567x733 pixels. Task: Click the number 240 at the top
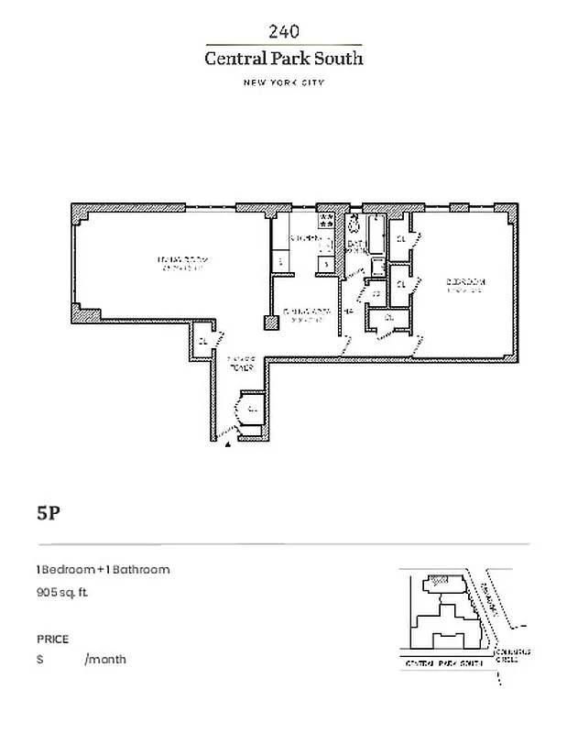click(283, 32)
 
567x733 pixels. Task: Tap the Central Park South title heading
click(283, 59)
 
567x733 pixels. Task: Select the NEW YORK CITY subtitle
click(283, 82)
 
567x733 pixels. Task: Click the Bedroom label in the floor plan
click(465, 283)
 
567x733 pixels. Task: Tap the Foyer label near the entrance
click(240, 365)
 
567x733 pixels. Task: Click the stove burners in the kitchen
click(324, 221)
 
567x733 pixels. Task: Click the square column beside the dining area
click(270, 323)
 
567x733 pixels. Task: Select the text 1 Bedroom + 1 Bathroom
click(103, 569)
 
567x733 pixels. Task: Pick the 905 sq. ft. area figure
click(62, 593)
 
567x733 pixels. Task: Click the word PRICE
click(52, 639)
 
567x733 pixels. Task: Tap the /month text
click(105, 660)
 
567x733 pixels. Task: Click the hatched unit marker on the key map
click(441, 580)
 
